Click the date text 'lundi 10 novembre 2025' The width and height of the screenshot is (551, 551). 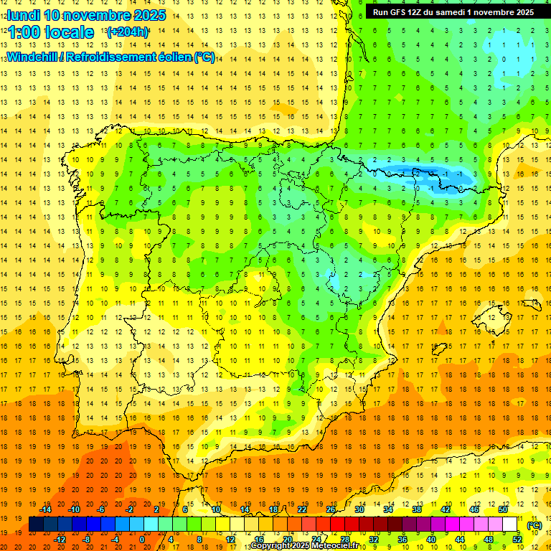[86, 15]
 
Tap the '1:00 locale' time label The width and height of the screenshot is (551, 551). [51, 32]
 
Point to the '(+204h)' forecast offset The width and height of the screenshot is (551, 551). [128, 32]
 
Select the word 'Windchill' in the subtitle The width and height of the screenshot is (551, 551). [30, 57]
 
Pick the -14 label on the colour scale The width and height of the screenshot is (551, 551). [45, 509]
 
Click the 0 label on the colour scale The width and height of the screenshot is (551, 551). [141, 540]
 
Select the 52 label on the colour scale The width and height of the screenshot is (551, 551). [517, 540]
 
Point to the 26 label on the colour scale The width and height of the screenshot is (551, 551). [331, 509]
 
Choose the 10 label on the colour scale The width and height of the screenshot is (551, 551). [215, 509]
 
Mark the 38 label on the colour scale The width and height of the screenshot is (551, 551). [416, 509]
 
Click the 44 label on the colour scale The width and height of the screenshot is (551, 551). [460, 540]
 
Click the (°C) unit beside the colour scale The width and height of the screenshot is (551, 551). [534, 525]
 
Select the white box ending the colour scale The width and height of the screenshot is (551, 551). [510, 524]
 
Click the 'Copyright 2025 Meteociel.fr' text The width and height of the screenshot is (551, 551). [304, 546]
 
